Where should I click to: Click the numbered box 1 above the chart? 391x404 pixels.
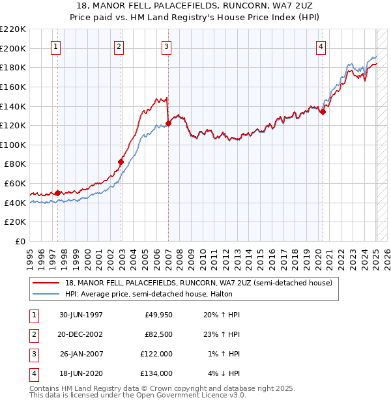[56, 46]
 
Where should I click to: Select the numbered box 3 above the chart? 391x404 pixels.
[167, 46]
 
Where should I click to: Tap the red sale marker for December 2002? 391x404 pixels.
[121, 162]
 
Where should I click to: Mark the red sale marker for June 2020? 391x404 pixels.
[323, 111]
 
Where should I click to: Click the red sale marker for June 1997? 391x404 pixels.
[57, 193]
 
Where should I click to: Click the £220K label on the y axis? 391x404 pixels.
[13, 29]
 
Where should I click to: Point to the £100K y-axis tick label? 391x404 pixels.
[13, 145]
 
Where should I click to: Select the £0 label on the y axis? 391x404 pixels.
[20, 242]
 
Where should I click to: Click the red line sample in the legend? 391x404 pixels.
[46, 283]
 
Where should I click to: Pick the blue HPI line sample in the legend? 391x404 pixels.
[46, 295]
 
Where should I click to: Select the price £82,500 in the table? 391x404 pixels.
[158, 334]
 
